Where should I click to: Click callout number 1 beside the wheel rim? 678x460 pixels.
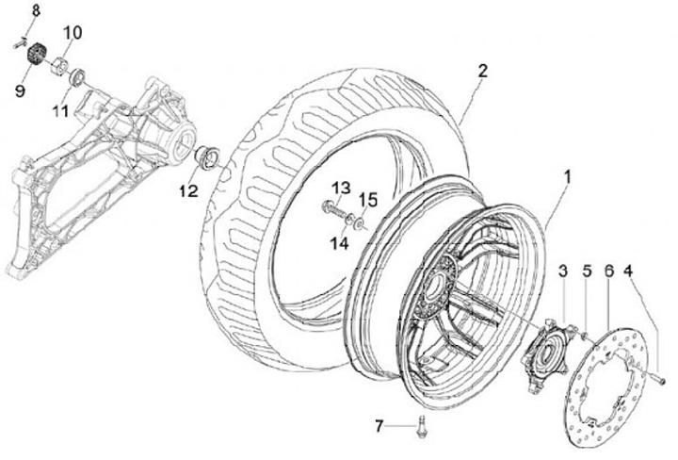[568, 175]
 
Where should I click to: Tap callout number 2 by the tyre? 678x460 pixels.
[482, 72]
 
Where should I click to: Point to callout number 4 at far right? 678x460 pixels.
[629, 271]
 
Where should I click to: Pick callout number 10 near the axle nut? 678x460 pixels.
[73, 33]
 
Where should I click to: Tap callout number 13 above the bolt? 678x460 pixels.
[340, 187]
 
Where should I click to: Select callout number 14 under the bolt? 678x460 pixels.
[340, 242]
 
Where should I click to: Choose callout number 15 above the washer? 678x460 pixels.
[368, 200]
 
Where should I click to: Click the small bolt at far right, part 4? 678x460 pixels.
[660, 379]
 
